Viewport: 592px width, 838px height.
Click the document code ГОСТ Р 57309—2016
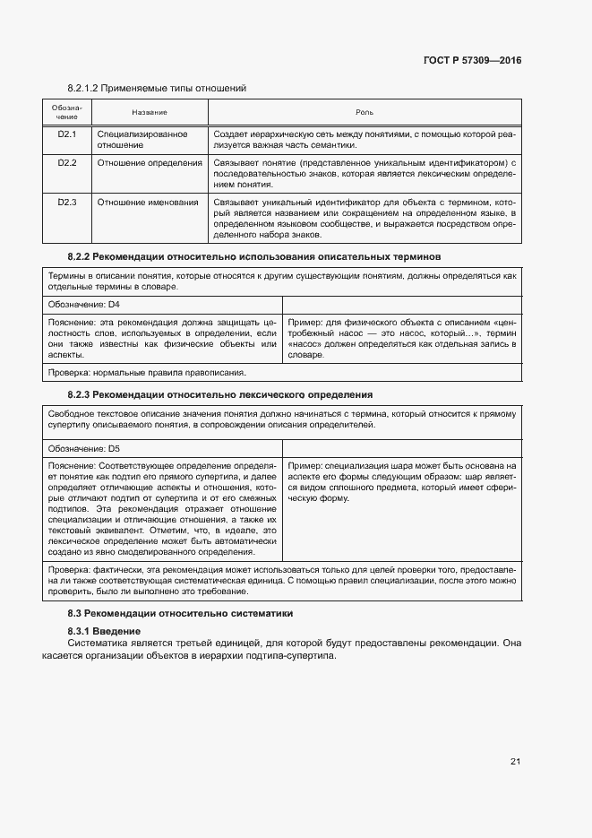click(472, 61)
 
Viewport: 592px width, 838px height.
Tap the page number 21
click(515, 762)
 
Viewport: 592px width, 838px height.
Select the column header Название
click(150, 112)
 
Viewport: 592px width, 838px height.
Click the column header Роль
click(365, 112)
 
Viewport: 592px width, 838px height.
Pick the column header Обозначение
click(67, 112)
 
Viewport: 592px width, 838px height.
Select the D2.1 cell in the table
click(67, 134)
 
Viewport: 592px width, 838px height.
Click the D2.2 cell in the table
click(67, 163)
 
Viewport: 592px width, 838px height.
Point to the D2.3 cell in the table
click(67, 203)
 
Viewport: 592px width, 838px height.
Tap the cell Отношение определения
click(150, 163)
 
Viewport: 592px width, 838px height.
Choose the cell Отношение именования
click(148, 203)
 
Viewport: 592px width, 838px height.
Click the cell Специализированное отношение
click(142, 139)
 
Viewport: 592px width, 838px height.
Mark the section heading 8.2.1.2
click(157, 88)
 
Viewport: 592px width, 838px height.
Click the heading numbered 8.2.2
click(254, 256)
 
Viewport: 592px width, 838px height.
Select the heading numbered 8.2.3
click(220, 394)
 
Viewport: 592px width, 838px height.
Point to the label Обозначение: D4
click(83, 305)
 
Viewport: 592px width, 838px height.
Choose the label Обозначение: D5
click(83, 447)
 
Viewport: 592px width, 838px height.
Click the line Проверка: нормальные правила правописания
click(146, 373)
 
